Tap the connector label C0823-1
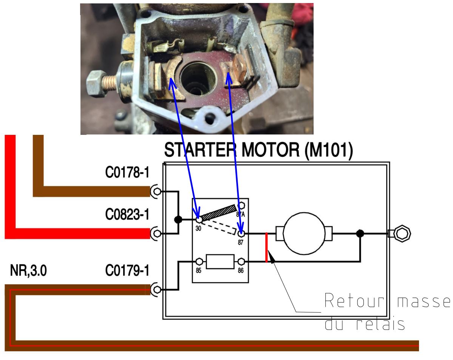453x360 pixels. click(127, 215)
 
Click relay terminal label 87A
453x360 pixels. click(240, 213)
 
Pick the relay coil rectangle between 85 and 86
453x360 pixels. click(220, 261)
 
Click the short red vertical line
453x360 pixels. click(267, 247)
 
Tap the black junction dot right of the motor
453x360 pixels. click(360, 233)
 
